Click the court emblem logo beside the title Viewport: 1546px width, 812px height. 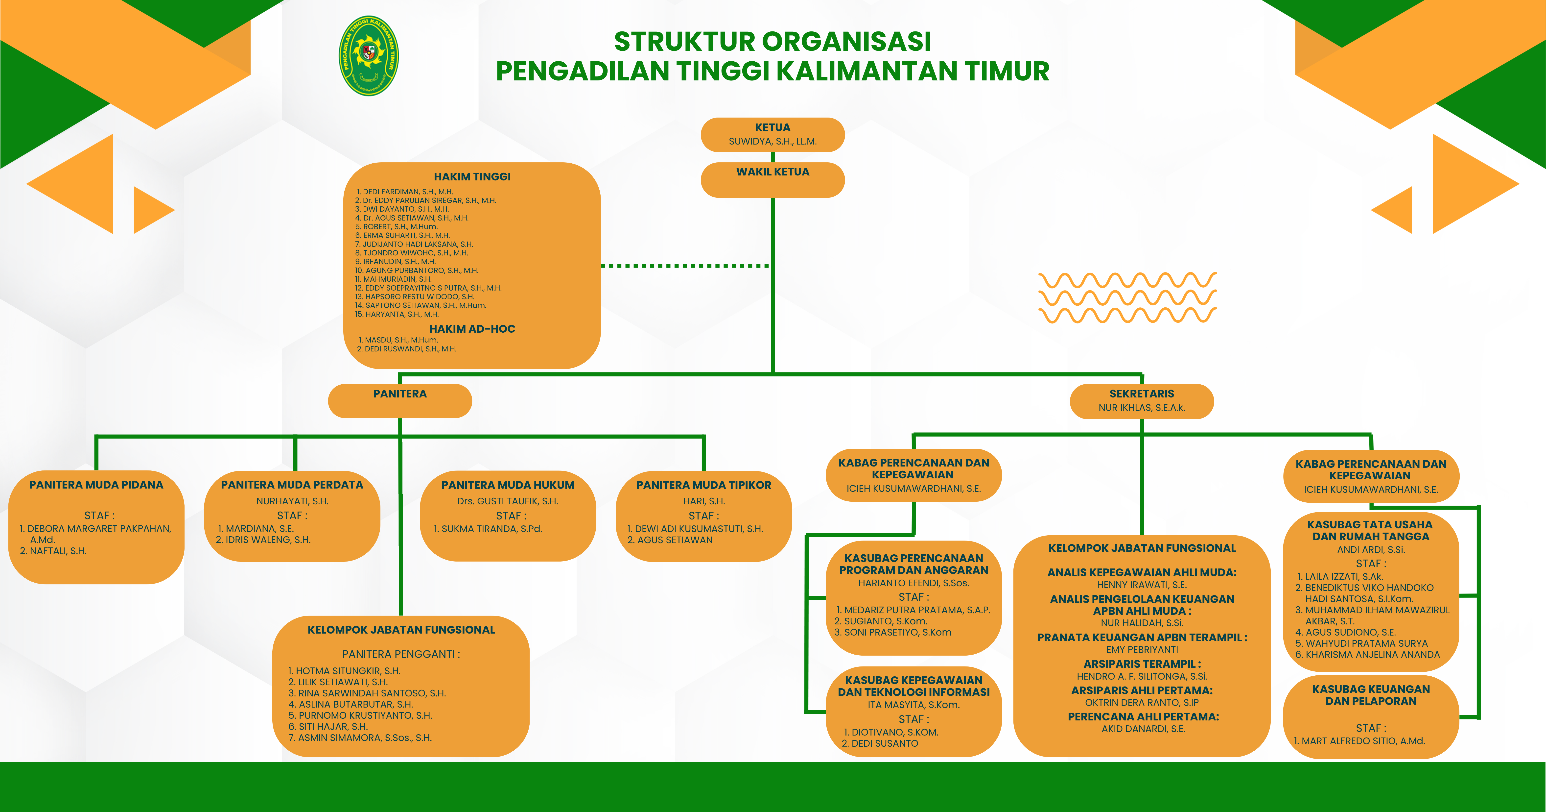[369, 56]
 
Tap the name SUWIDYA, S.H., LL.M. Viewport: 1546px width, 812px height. [773, 142]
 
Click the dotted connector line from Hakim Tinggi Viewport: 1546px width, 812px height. [684, 266]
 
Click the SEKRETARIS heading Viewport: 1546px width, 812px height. [1142, 394]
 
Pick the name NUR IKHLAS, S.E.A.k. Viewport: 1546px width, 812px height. [1142, 408]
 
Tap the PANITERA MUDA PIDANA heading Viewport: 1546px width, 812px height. [96, 485]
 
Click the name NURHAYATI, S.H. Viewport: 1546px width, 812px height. [292, 501]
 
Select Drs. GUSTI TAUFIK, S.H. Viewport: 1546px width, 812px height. [508, 501]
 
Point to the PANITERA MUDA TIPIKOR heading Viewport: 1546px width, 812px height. [703, 485]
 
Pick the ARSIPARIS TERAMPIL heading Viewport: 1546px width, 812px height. [1142, 664]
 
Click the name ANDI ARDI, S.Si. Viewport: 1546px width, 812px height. [1371, 549]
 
